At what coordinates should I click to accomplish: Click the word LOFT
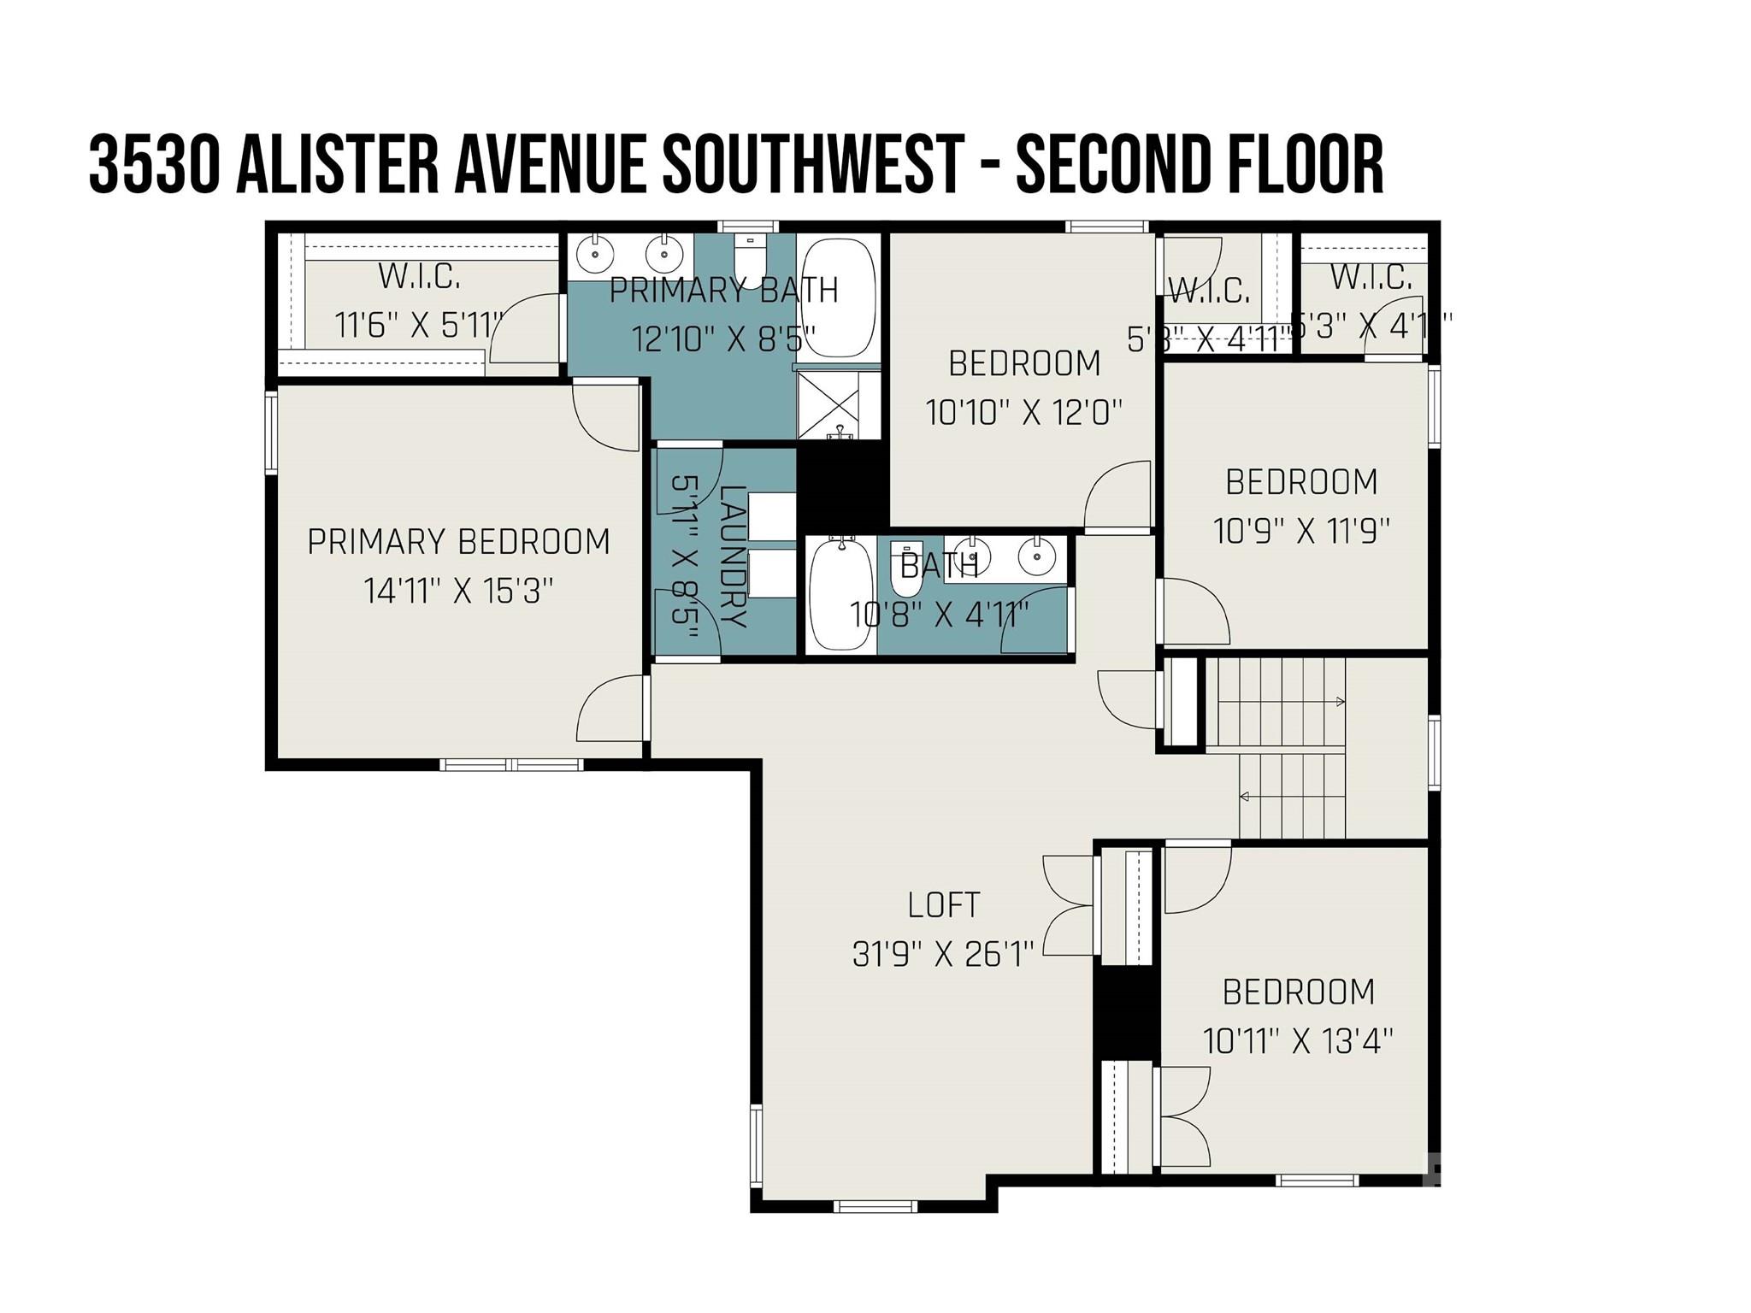pyautogui.click(x=943, y=904)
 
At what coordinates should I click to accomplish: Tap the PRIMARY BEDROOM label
pyautogui.click(x=458, y=542)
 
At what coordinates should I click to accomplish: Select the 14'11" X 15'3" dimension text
pyautogui.click(x=458, y=591)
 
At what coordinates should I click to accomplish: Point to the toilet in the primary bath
pyautogui.click(x=750, y=256)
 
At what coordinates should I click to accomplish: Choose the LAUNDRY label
pyautogui.click(x=734, y=556)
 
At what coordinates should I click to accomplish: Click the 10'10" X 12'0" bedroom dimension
pyautogui.click(x=1023, y=413)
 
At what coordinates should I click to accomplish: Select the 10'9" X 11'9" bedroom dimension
pyautogui.click(x=1301, y=532)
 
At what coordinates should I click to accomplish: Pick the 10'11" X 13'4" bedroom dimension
pyautogui.click(x=1298, y=1041)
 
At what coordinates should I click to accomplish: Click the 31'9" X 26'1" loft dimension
pyautogui.click(x=943, y=953)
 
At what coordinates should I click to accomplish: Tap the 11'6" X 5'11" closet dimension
pyautogui.click(x=418, y=325)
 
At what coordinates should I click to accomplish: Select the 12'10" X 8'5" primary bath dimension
pyautogui.click(x=723, y=339)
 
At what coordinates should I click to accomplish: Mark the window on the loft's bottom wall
pyautogui.click(x=875, y=1206)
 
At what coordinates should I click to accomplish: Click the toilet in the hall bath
pyautogui.click(x=906, y=570)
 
